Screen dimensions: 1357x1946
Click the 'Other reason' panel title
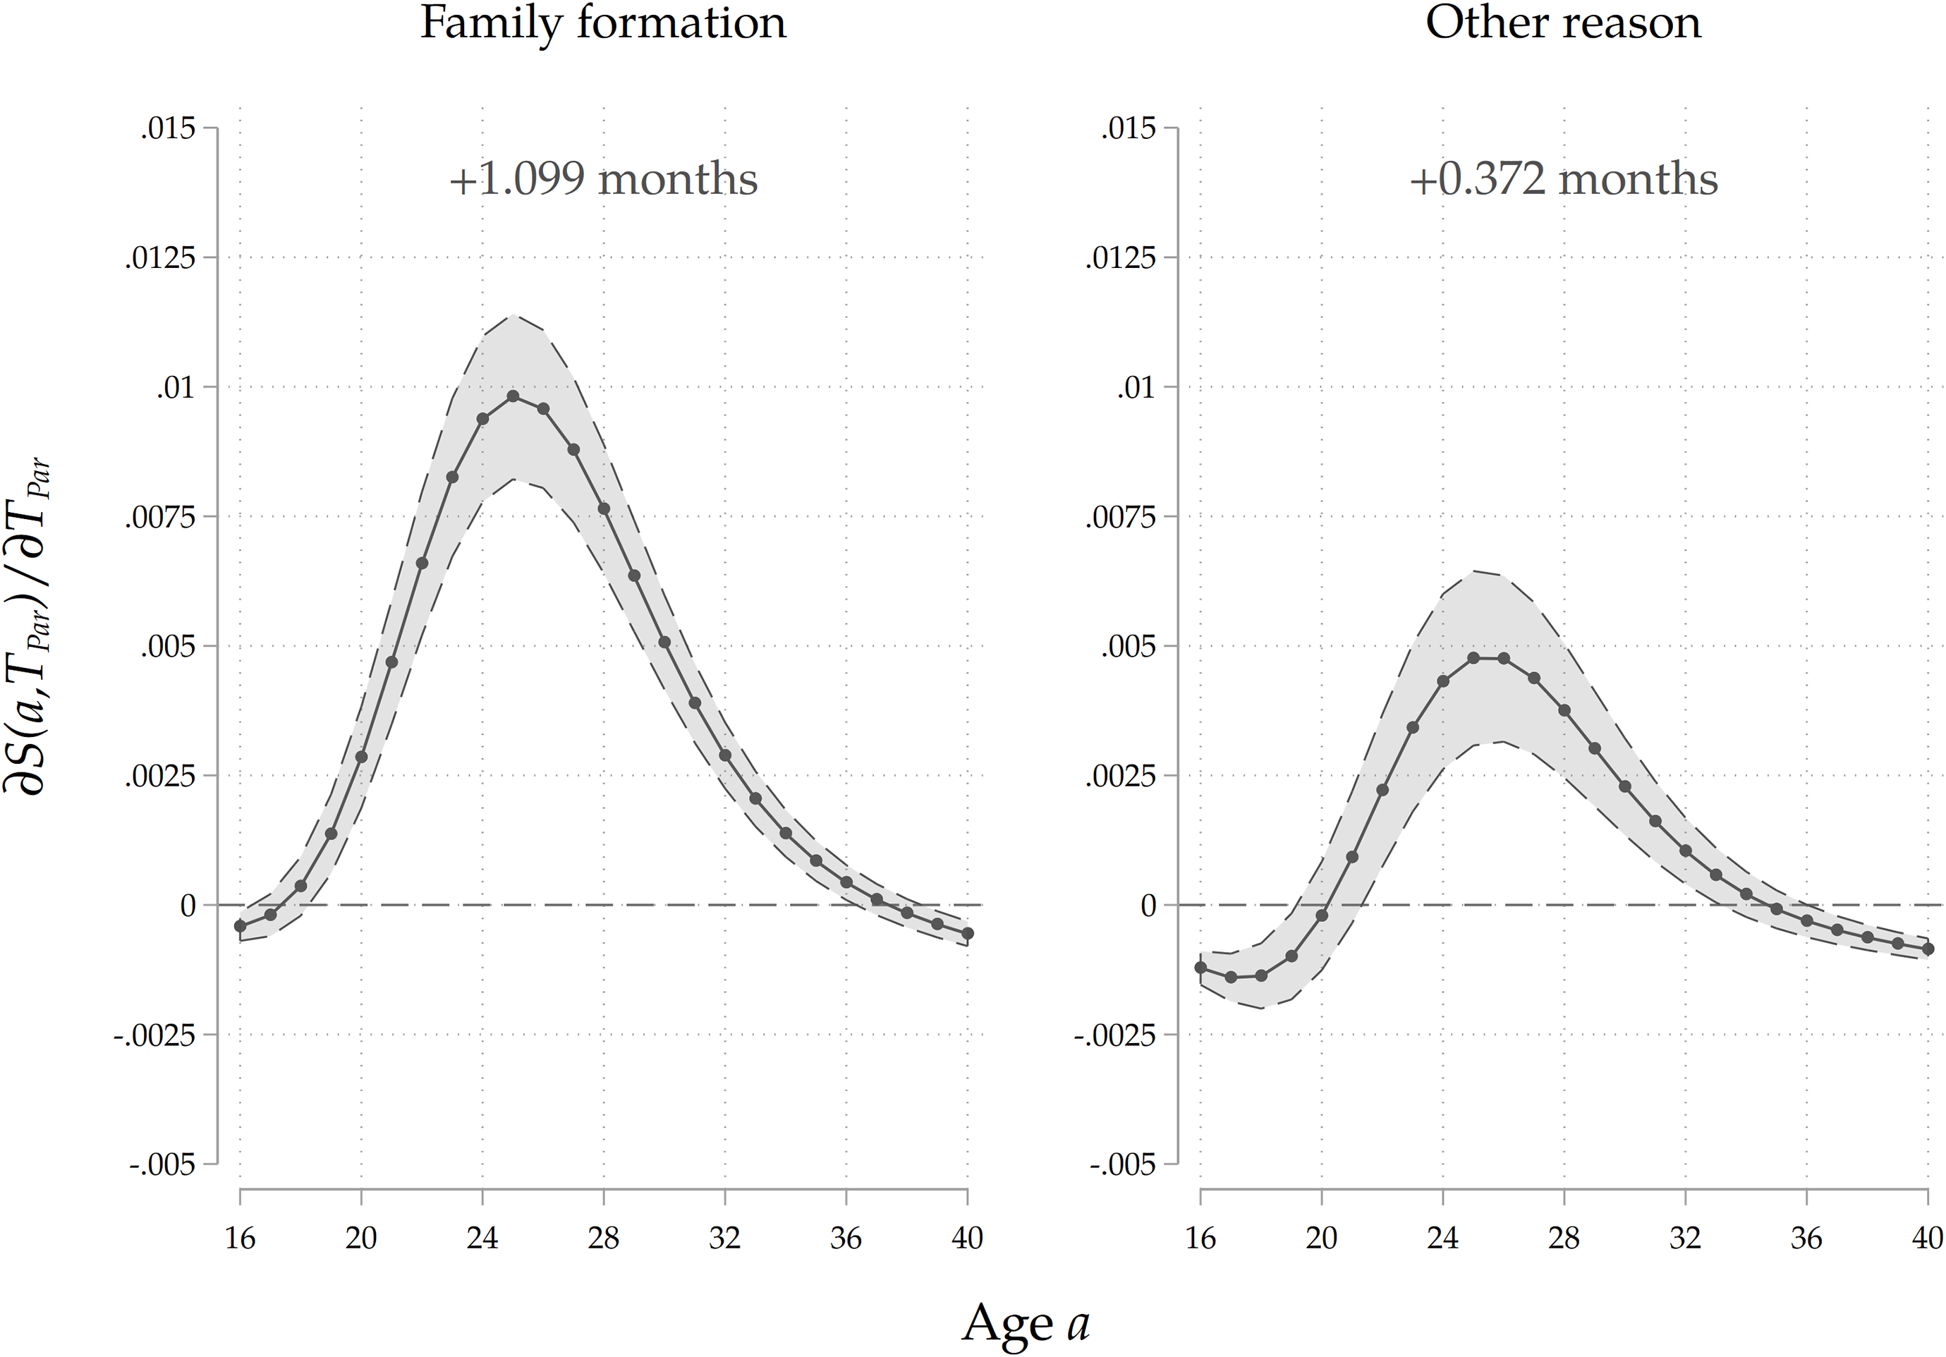coord(1563,24)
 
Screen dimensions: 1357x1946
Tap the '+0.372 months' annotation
coord(1563,180)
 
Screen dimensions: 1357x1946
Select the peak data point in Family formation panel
coord(513,396)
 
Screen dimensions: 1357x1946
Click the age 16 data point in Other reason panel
coord(1200,967)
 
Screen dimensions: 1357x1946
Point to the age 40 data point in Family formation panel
coord(967,933)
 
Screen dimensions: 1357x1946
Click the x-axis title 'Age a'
coord(1026,1323)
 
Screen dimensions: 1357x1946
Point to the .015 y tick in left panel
coord(168,129)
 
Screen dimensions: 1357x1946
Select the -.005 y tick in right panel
coord(1123,1164)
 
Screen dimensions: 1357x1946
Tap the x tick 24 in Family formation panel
coord(482,1239)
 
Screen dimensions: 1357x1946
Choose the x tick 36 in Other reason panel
coord(1806,1239)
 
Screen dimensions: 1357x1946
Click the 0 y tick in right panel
coord(1148,905)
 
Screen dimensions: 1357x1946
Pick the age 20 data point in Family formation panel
coord(361,757)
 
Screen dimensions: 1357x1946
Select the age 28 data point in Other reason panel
coord(1564,710)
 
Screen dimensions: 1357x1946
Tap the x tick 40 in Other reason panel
coord(1926,1239)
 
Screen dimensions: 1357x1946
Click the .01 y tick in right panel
coord(1136,388)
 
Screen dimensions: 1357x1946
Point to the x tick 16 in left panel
coord(240,1239)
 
